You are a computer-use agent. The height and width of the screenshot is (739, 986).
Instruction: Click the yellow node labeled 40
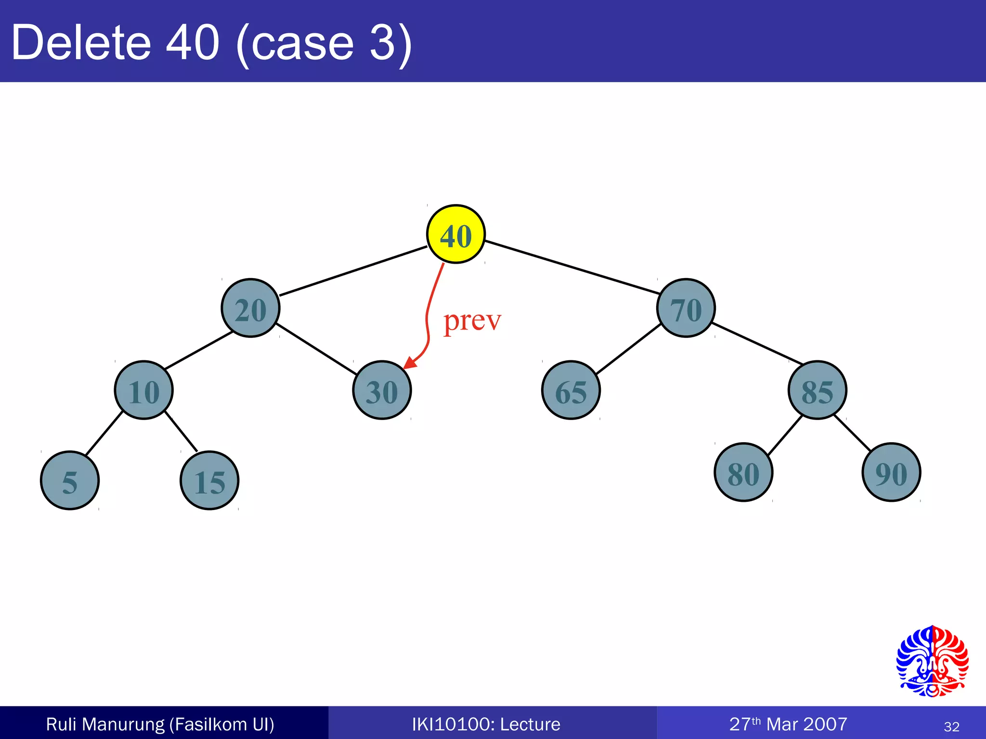pos(456,234)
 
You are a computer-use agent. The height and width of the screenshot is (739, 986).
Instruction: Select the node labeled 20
pos(250,308)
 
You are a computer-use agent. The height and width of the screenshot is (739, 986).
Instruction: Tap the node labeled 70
pos(686,308)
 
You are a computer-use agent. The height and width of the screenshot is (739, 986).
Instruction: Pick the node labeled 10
pos(143,390)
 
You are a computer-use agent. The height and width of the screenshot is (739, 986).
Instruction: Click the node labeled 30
pos(382,390)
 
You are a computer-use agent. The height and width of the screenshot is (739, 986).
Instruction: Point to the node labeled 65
pos(571,390)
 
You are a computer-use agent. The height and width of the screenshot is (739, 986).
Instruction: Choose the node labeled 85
pos(817,390)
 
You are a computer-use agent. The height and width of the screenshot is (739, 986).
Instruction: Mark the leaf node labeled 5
pos(70,480)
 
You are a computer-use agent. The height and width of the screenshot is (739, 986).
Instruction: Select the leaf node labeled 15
pos(209,480)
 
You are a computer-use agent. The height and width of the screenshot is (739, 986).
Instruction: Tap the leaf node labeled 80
pos(743,472)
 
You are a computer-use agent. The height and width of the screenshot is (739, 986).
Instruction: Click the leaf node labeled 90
pos(891,472)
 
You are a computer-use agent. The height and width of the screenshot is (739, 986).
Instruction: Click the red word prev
pos(472,321)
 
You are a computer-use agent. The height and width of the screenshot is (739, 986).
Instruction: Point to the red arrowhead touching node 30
pos(410,363)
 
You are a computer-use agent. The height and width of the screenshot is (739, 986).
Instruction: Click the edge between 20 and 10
pos(198,350)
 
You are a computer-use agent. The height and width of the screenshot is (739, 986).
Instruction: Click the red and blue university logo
pos(932,661)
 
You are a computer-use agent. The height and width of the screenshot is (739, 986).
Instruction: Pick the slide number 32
pos(951,726)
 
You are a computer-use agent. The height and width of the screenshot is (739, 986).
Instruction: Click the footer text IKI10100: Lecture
pos(486,724)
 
